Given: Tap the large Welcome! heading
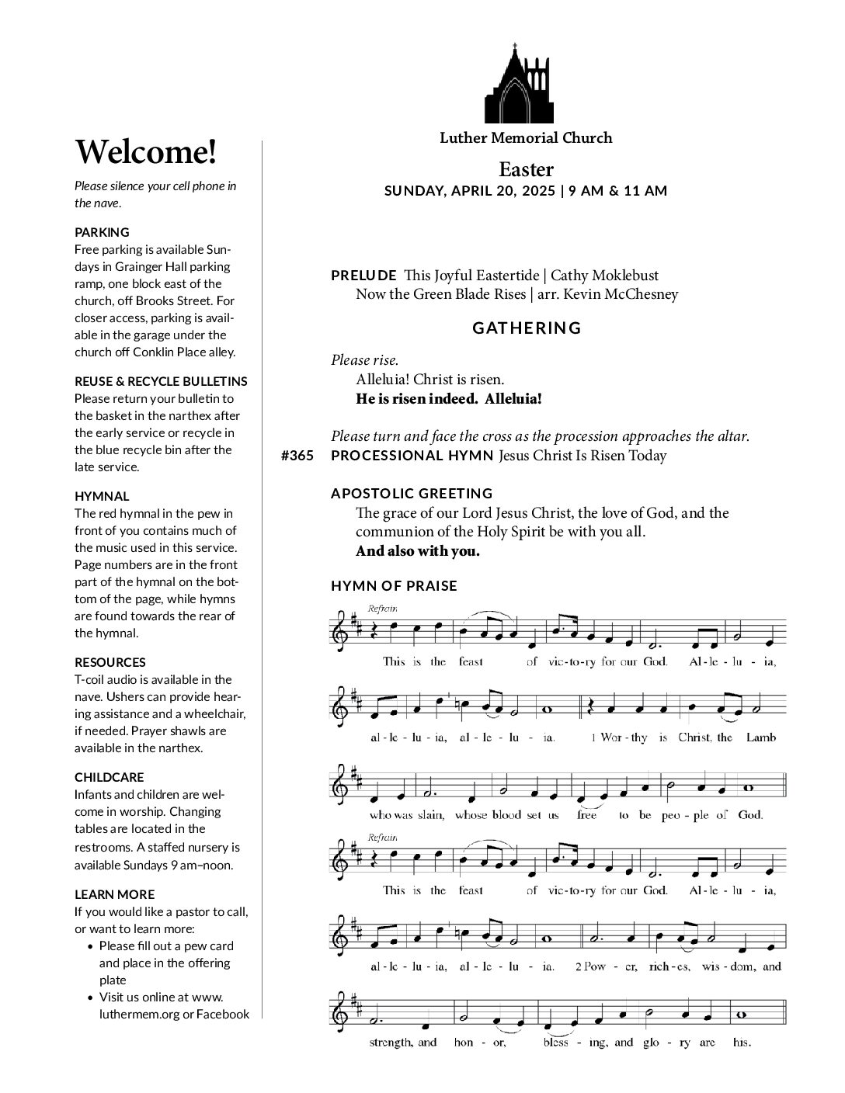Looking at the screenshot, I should [x=145, y=151].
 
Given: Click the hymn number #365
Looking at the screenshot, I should [x=297, y=456].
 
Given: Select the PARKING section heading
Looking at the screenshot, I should [x=102, y=232].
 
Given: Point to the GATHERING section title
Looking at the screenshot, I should [x=527, y=328].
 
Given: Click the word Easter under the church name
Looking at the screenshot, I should [x=526, y=169].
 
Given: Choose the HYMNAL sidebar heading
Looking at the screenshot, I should [x=102, y=496].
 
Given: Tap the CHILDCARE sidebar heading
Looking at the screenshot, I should [x=109, y=777].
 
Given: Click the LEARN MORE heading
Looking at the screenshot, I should [x=114, y=894].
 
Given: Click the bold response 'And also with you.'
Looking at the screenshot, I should [x=417, y=551].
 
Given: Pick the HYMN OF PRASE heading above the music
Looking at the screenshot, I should [x=394, y=586].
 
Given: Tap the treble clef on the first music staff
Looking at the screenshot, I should [x=340, y=627].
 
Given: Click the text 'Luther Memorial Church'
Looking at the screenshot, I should [x=526, y=138].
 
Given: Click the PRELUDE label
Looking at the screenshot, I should [x=363, y=276].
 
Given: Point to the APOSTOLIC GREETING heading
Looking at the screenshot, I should [x=412, y=494].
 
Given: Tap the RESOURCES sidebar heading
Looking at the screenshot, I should [x=110, y=662].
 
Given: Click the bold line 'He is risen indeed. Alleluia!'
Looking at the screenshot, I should [x=448, y=399].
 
